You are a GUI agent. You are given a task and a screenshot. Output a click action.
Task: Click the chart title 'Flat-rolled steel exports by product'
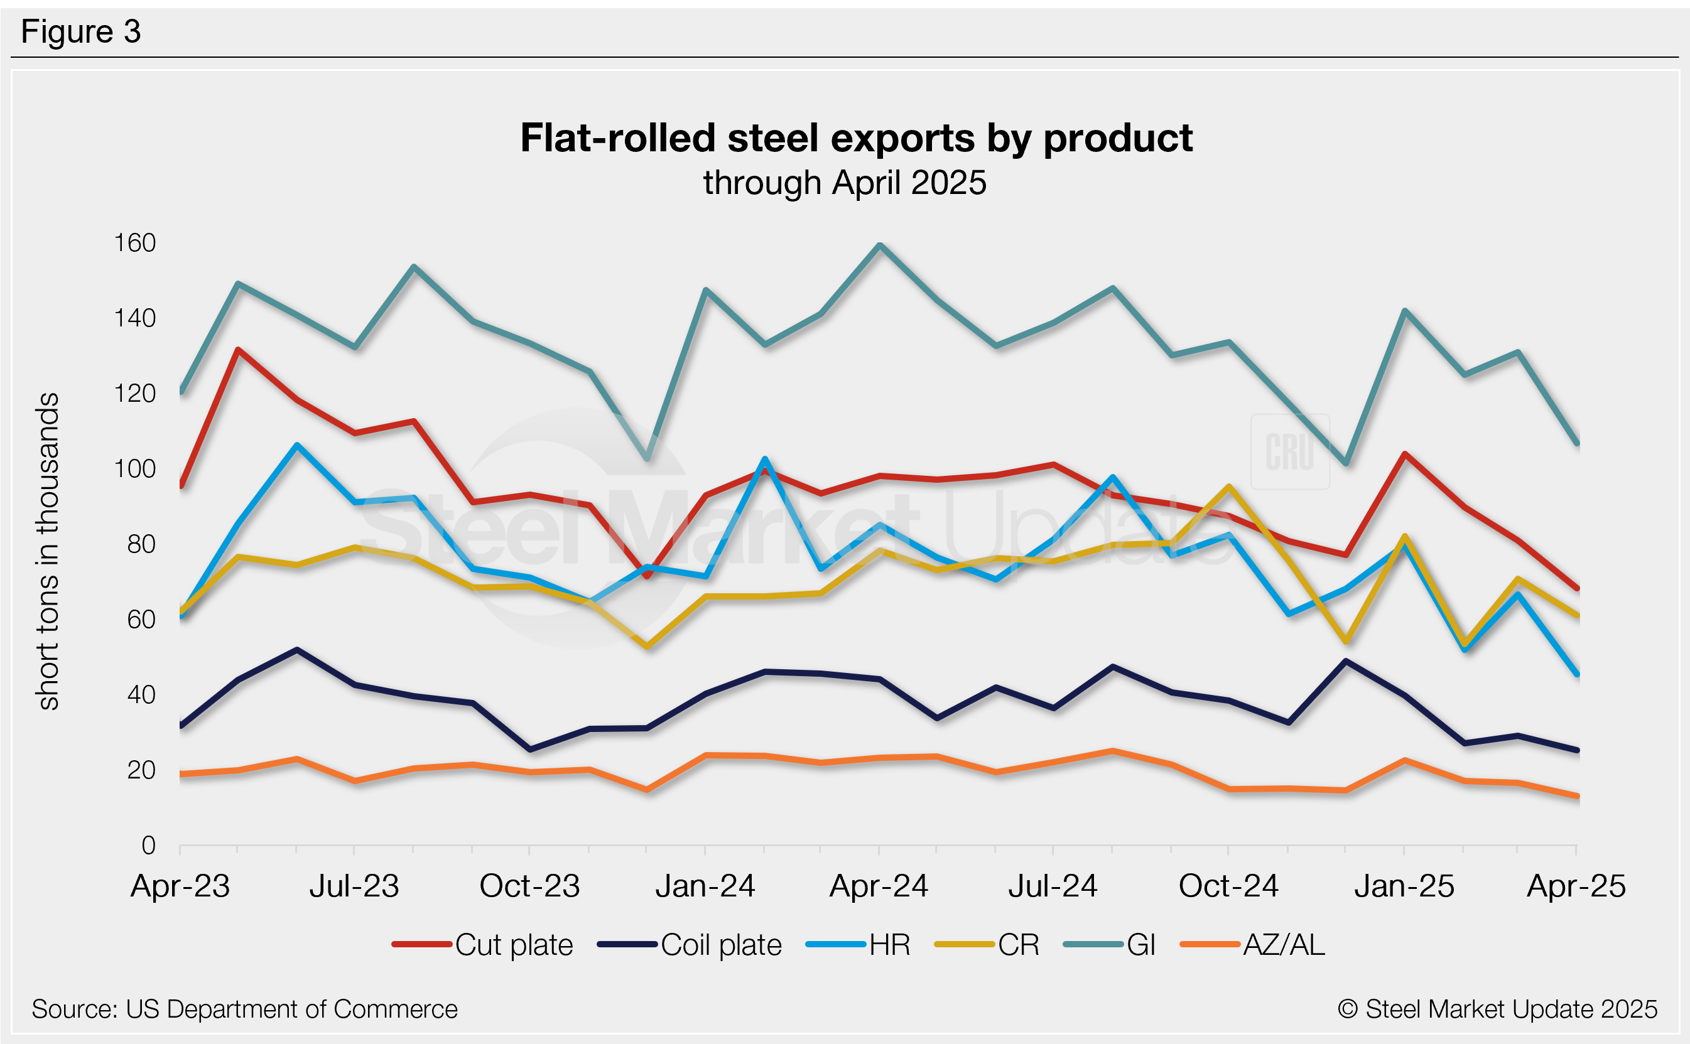pos(856,138)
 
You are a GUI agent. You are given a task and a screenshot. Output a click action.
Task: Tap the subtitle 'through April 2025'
pos(845,183)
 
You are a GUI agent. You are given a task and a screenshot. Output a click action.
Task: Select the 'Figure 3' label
pos(81,32)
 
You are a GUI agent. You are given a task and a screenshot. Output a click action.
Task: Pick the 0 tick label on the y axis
pos(148,845)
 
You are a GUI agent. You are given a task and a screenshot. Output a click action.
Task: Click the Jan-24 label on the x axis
pos(705,886)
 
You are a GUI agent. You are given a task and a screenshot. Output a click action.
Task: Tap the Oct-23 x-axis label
pos(529,886)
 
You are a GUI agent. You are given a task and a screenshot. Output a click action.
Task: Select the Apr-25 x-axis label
pos(1575,886)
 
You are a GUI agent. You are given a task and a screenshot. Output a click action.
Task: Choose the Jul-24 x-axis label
pos(1053,886)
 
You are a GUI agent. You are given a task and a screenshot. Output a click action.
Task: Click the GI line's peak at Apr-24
pos(879,245)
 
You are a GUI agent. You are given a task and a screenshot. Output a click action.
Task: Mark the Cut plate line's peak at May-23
pos(237,350)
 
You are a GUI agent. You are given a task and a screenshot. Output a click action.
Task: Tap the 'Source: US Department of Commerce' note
pos(244,1009)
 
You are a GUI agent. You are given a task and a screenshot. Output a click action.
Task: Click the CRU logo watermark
pos(1289,451)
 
